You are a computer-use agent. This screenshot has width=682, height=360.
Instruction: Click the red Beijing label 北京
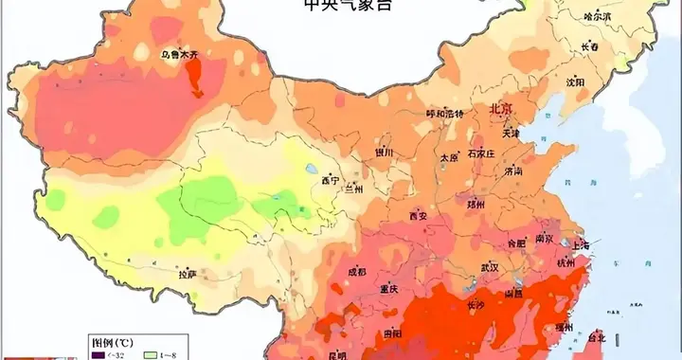499,109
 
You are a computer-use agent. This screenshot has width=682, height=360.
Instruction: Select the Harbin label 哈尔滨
597,17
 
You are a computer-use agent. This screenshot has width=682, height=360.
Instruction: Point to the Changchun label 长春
589,47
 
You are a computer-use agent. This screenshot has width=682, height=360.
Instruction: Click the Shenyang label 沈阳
576,82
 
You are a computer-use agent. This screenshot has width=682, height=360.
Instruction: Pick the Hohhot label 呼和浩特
445,114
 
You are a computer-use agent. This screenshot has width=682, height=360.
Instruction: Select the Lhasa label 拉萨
188,274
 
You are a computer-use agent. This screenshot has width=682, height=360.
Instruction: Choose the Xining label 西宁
329,179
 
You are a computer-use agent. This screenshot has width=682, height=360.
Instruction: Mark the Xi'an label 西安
420,216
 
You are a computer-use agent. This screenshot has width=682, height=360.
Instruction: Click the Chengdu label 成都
356,271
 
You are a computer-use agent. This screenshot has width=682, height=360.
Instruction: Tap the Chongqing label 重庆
388,289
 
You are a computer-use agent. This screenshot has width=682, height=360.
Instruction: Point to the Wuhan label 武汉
489,268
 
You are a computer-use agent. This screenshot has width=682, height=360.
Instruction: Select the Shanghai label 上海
579,245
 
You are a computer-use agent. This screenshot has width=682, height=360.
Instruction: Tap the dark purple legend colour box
98,354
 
